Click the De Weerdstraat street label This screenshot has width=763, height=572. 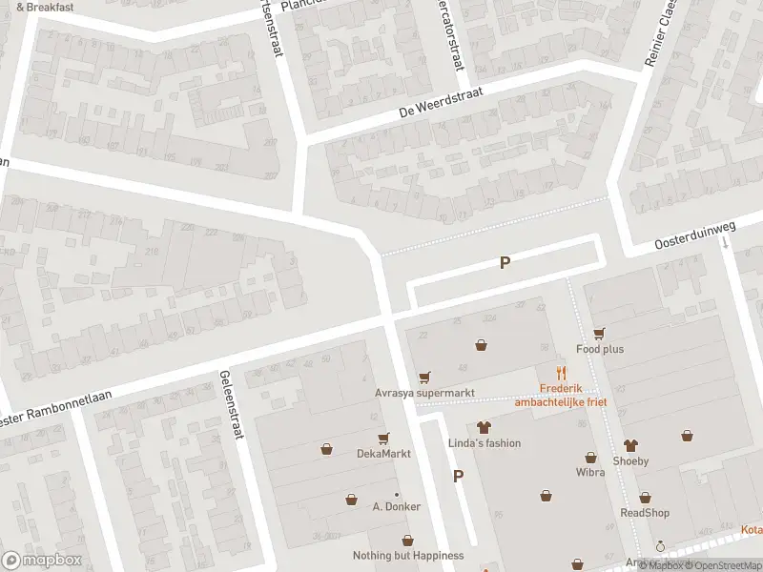click(440, 103)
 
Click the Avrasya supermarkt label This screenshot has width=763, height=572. click(423, 393)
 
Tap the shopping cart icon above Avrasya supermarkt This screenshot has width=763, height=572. click(423, 377)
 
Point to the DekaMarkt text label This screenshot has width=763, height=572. click(383, 454)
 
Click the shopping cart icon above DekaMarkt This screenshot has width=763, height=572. click(383, 438)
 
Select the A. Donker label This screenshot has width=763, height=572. click(396, 506)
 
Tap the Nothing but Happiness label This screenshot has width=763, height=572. click(408, 556)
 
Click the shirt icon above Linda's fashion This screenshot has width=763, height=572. click(484, 427)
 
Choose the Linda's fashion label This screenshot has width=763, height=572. click(485, 443)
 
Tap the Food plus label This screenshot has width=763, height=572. click(600, 349)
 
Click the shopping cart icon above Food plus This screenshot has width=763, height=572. click(599, 333)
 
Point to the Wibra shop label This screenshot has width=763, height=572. click(590, 472)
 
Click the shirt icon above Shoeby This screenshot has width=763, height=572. click(629, 445)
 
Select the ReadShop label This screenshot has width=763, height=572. click(645, 513)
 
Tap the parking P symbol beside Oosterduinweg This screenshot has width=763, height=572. click(505, 263)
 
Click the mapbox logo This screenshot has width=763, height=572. click(42, 560)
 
